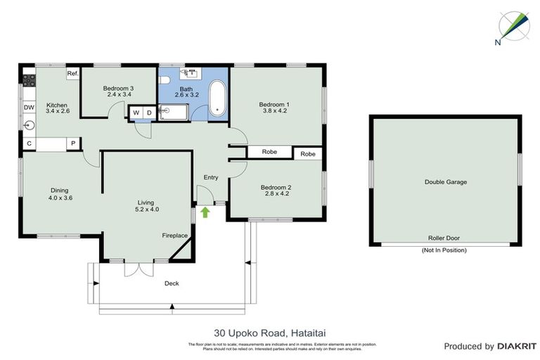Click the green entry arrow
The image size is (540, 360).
pos(205,211)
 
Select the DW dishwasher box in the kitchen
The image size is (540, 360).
pos(29,107)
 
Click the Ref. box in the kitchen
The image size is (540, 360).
pos(72,73)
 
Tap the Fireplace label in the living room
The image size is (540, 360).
pos(174,236)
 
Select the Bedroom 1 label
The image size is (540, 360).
pos(276,104)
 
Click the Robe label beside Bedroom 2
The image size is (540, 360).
pos(307,154)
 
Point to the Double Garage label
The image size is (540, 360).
pos(445,181)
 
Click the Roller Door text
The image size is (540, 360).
pos(444,238)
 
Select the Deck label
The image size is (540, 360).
pos(172,283)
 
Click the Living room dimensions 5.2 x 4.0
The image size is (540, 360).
pos(148,209)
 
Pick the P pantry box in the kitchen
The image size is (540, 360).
pos(72,144)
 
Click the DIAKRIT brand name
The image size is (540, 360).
pos(517,346)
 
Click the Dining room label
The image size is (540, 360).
pos(59,190)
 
